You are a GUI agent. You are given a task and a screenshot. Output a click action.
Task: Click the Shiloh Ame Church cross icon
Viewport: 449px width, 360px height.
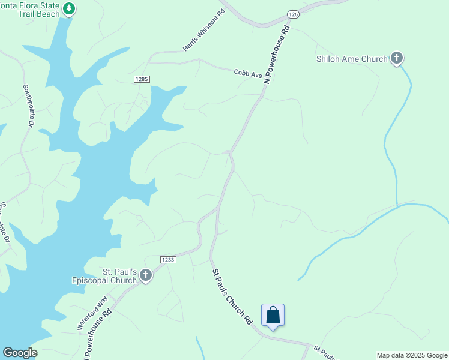coord(396,58)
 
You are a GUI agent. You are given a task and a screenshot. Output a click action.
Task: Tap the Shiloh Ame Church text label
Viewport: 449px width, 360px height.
coord(352,59)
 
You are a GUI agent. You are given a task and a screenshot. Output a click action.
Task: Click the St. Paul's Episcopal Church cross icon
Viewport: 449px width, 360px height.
coord(145,275)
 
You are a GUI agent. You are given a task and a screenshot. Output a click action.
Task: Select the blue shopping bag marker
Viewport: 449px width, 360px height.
coord(273,316)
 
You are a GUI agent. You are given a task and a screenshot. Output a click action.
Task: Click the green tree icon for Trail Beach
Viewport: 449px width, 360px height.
coord(70,8)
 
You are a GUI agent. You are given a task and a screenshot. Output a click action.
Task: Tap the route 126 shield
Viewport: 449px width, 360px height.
coord(292,14)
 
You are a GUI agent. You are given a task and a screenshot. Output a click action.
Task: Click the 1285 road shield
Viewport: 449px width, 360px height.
coord(141,79)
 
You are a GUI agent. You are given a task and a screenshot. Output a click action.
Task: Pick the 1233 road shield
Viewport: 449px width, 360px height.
coord(168,259)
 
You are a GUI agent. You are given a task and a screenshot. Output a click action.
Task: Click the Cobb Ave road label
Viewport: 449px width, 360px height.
coord(248,73)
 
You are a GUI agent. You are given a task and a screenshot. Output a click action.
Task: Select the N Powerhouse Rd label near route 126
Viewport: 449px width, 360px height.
coord(276,54)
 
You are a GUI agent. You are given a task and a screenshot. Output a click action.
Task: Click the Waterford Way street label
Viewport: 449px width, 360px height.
coord(92,312)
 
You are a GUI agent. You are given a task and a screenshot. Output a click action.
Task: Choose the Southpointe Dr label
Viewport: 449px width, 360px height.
coord(28,106)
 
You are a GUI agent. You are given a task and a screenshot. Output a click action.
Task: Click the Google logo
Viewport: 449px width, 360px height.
coord(20,353)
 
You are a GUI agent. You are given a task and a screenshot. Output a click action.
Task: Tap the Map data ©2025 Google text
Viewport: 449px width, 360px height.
coord(412,355)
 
